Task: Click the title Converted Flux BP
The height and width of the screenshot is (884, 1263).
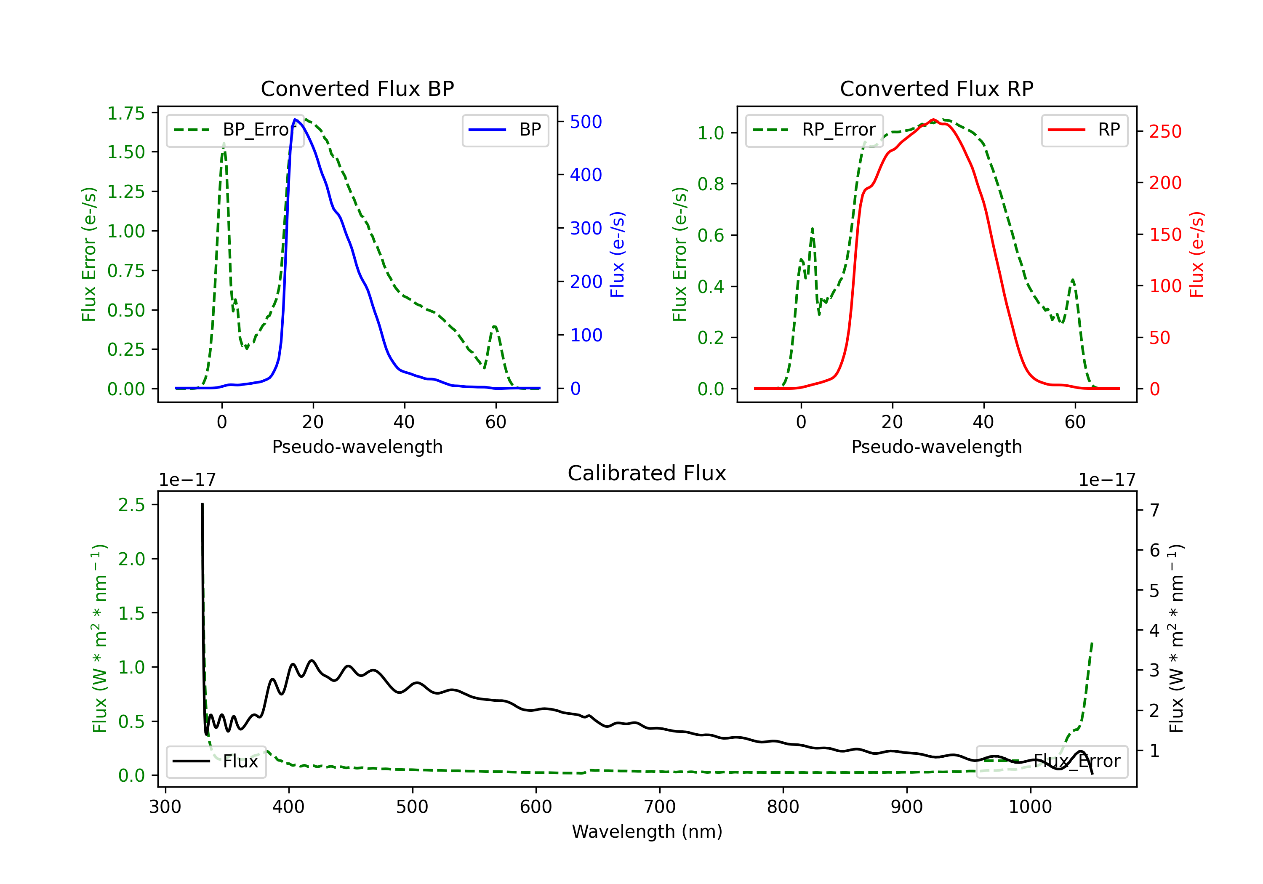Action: [x=357, y=88]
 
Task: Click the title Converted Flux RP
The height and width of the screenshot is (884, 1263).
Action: [x=936, y=88]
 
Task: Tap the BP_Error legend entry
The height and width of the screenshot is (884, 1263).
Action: [x=235, y=130]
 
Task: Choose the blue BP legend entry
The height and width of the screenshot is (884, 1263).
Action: [x=505, y=130]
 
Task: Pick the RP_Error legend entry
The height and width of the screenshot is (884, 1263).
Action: [x=814, y=130]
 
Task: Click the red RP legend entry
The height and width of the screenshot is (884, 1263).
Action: [x=1084, y=130]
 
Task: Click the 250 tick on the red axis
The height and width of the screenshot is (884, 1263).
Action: [x=1165, y=131]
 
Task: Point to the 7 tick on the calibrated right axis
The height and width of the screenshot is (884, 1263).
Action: [x=1155, y=510]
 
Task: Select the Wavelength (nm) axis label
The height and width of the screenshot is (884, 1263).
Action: [x=647, y=831]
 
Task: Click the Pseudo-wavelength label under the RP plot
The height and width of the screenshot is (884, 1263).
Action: [x=936, y=447]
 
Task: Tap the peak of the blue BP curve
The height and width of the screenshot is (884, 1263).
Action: [x=296, y=120]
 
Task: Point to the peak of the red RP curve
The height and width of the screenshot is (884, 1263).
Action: [x=933, y=120]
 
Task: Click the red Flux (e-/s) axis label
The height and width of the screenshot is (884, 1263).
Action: [x=1196, y=254]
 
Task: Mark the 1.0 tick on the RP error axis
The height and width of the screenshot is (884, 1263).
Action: [x=711, y=133]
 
